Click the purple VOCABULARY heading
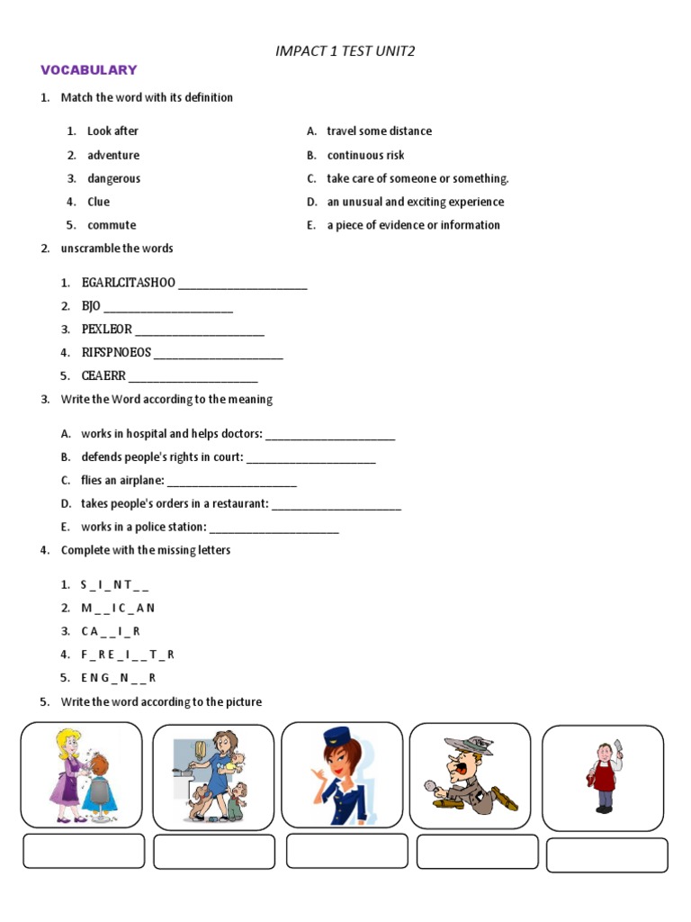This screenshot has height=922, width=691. (x=87, y=70)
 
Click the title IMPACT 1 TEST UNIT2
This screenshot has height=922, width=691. (x=345, y=51)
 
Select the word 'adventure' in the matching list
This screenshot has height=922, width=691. (x=113, y=155)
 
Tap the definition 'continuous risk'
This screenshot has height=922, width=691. (x=365, y=155)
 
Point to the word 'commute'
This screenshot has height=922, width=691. (x=112, y=225)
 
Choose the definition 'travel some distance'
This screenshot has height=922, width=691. (x=379, y=131)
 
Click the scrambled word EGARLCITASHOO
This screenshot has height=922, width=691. (x=129, y=284)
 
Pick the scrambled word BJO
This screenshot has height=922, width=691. (x=91, y=306)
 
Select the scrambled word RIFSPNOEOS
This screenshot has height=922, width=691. (x=116, y=353)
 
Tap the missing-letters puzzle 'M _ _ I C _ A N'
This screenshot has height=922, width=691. (x=118, y=609)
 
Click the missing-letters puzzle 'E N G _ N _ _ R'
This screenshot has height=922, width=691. (x=118, y=678)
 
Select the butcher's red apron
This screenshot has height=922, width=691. (x=605, y=777)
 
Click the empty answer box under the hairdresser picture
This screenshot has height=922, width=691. (x=84, y=851)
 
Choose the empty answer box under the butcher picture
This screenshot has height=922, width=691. (x=607, y=855)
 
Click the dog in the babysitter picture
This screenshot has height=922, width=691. (x=197, y=800)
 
